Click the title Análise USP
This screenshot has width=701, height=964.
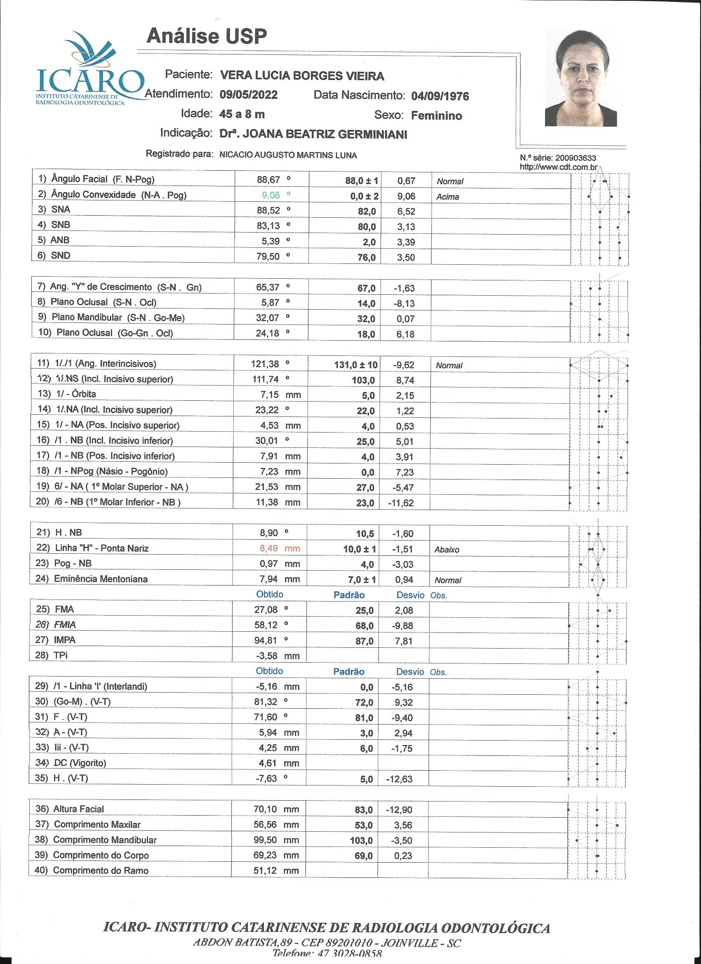[207, 37]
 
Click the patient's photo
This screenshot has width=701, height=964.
[581, 78]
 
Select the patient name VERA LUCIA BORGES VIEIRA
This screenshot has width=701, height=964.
[302, 76]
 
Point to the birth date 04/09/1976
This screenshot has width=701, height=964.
[440, 96]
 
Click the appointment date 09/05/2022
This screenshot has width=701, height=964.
[249, 94]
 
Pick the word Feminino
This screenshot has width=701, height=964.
[436, 115]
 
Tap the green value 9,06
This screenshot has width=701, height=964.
[271, 195]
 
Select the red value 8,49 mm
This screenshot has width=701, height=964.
[279, 548]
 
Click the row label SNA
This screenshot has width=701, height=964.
[60, 209]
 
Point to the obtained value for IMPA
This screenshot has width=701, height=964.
[266, 640]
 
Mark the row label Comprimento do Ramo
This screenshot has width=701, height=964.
[101, 870]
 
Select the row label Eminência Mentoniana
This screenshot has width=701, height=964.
[101, 579]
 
